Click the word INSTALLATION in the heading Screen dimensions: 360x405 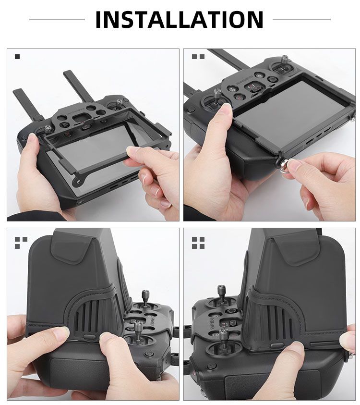coord(180,19)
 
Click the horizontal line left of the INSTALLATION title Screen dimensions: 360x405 coord(57,19)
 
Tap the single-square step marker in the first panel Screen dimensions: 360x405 coord(17,57)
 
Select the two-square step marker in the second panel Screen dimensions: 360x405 coord(198,57)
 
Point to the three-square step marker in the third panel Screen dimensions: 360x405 coord(21,243)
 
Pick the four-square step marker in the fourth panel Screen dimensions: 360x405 coord(198,243)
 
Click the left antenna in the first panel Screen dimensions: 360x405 coord(28,105)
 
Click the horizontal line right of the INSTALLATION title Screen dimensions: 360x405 coord(301,19)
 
